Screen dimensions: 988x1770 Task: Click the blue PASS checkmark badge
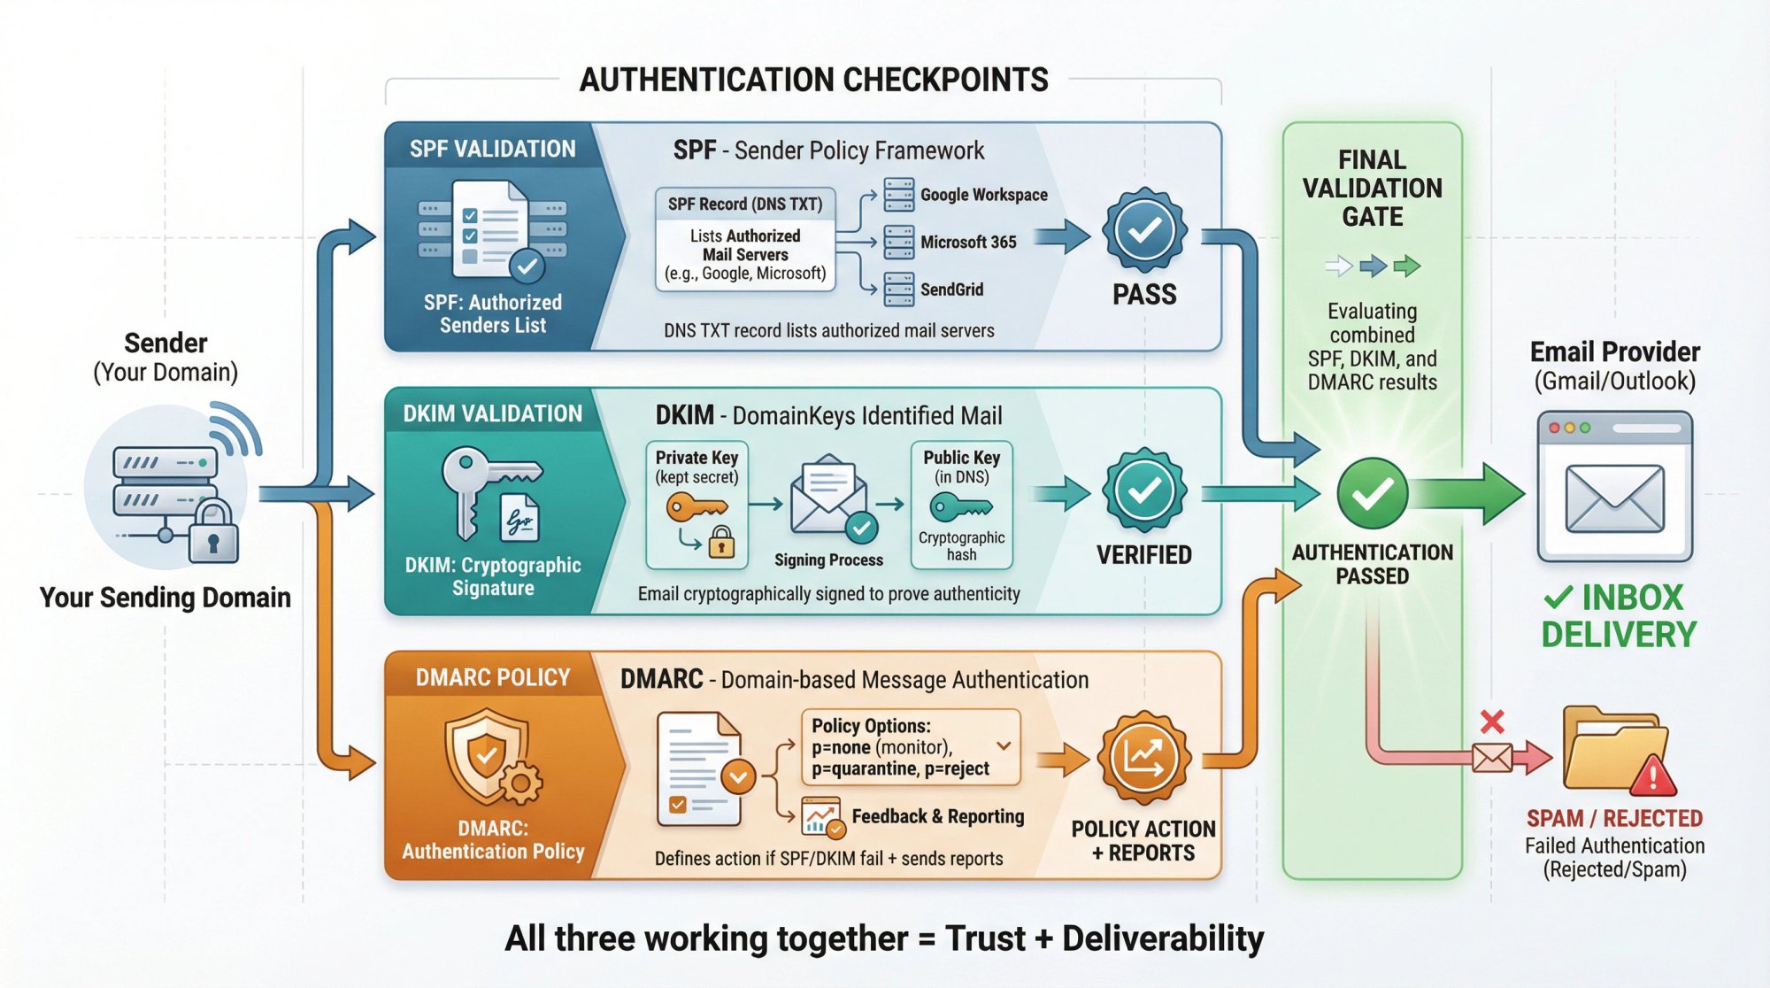coord(1144,230)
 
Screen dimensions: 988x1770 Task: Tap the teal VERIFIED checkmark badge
coord(1144,490)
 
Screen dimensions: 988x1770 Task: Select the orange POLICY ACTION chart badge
coord(1144,757)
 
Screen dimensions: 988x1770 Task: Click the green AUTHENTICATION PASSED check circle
coord(1372,493)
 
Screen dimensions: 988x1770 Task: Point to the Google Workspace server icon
coord(898,195)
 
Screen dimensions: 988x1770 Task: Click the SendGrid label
coord(951,289)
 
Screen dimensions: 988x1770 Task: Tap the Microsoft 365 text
coord(968,242)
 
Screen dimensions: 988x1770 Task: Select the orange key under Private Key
coord(696,508)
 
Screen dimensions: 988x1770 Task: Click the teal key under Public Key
coord(960,507)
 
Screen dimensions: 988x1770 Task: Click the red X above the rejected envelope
coord(1492,722)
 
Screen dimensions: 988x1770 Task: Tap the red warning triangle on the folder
coord(1651,777)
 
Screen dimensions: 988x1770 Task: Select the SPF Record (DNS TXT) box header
coord(745,204)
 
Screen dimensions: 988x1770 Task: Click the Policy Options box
coord(910,747)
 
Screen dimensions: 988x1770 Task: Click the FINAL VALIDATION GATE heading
coord(1372,188)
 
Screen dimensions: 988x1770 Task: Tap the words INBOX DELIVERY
coord(1619,616)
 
